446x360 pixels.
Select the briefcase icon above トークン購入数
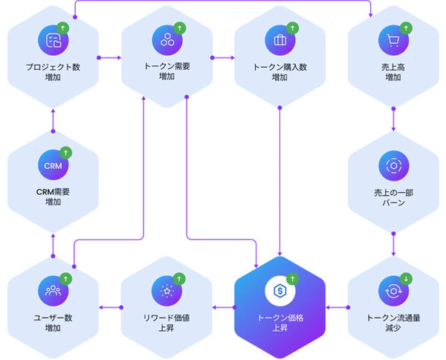279,39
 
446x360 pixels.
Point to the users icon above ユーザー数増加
52,289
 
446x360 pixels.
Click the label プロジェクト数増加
52,72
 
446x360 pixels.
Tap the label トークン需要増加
166,72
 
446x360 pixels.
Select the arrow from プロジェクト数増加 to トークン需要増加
109,57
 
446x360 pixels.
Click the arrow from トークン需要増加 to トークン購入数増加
222,57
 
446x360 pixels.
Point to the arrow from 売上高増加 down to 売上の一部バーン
393,120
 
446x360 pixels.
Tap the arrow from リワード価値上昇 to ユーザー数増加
109,306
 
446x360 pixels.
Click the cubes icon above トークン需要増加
166,39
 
